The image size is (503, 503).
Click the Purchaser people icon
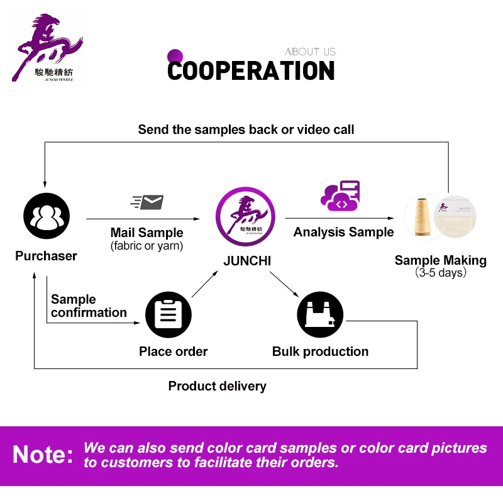point(46,216)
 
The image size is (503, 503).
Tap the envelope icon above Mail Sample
point(148,202)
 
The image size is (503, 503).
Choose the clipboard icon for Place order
point(168,314)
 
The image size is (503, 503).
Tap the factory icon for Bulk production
point(320,314)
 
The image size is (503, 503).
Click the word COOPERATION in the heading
point(251,71)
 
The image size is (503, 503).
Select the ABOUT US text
point(310,52)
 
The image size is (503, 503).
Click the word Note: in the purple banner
point(43,455)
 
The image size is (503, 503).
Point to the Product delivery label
point(217,386)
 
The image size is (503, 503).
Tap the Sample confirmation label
point(89,306)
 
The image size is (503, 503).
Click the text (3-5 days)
point(440,274)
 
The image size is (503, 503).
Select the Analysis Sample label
point(343,232)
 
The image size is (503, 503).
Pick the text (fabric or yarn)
point(146,246)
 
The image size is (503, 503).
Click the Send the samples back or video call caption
point(246,130)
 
